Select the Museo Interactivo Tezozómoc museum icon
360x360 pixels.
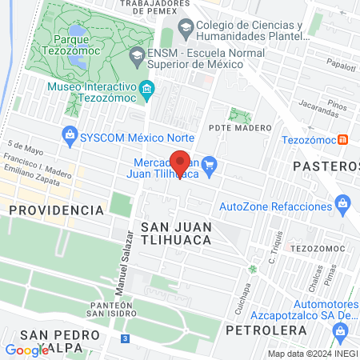146,90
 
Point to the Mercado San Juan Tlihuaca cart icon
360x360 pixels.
210,165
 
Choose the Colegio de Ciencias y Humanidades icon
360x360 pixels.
186,28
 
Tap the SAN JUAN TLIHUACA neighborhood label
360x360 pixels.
175,233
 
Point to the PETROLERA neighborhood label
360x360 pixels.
256,329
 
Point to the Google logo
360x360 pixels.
27,350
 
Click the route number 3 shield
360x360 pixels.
125,338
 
